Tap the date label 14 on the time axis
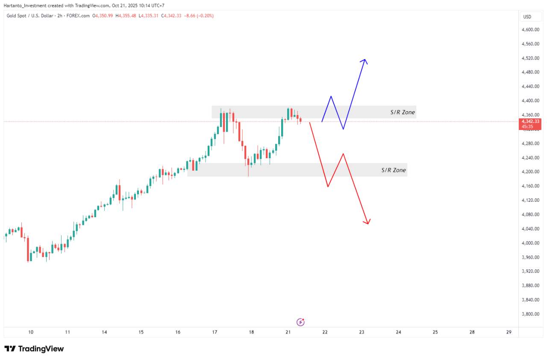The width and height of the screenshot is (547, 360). tap(104, 332)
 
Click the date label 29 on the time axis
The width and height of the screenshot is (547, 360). tap(509, 332)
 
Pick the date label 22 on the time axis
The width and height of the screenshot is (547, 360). tap(325, 332)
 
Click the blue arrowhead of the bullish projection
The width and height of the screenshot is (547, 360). tap(364, 61)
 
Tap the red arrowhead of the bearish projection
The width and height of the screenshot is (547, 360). tap(367, 221)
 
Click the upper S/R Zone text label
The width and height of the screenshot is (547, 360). tap(402, 112)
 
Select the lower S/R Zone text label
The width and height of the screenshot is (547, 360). tap(394, 170)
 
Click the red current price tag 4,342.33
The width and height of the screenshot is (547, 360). tap(530, 122)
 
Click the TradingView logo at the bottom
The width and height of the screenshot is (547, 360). tap(34, 349)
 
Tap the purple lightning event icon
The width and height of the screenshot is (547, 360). tap(300, 322)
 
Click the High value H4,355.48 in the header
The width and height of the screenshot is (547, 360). tap(126, 16)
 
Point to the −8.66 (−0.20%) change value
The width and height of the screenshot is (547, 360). tap(199, 16)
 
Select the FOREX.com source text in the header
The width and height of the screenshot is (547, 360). tap(79, 16)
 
